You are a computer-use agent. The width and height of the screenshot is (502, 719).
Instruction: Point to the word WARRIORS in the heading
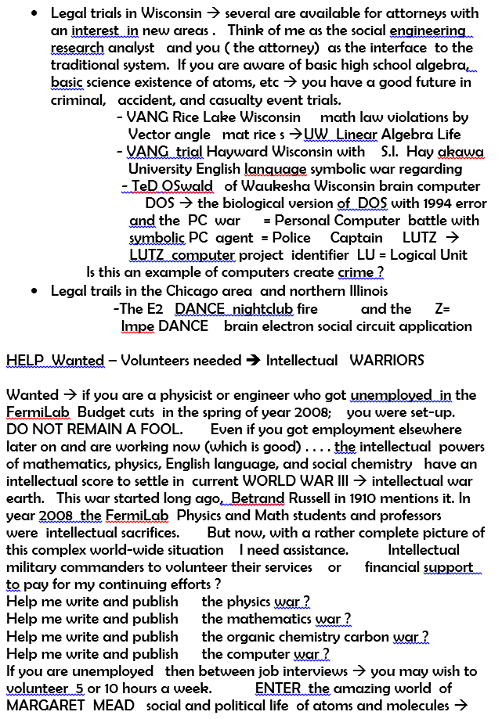387,361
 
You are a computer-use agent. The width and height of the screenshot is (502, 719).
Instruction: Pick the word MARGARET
41,706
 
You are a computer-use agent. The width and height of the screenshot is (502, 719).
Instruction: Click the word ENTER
279,688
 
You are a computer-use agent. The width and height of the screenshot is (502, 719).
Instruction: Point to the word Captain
356,238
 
